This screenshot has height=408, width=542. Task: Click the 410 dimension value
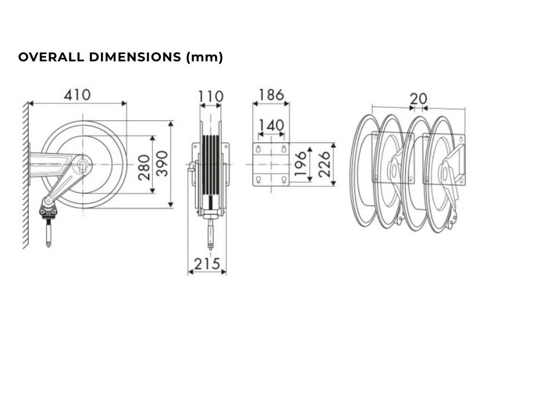pyautogui.click(x=77, y=95)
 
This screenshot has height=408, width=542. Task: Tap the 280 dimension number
pyautogui.click(x=144, y=167)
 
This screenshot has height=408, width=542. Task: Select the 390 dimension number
pyautogui.click(x=162, y=164)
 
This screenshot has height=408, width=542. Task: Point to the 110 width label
pyautogui.click(x=211, y=96)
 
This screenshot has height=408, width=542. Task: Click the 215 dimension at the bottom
pyautogui.click(x=207, y=264)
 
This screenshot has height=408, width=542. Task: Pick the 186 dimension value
pyautogui.click(x=272, y=95)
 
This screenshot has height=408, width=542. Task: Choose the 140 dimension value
pyautogui.click(x=272, y=125)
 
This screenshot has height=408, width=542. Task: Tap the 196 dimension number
pyautogui.click(x=300, y=163)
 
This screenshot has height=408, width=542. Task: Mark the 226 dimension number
pyautogui.click(x=324, y=164)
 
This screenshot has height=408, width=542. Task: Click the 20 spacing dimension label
pyautogui.click(x=418, y=99)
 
